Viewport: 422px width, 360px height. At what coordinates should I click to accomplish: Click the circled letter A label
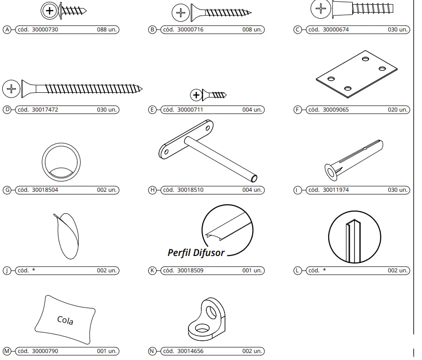tap(7, 30)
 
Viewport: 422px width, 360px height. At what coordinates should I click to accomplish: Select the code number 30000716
tap(190, 30)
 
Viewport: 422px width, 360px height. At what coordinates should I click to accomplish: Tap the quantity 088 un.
tap(107, 30)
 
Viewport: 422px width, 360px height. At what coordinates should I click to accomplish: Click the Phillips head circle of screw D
tap(11, 89)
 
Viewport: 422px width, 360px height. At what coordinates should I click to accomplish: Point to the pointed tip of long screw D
tap(142, 89)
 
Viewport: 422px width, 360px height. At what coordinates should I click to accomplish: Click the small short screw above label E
tap(208, 95)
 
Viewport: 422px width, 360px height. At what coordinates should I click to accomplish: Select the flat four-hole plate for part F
tap(357, 74)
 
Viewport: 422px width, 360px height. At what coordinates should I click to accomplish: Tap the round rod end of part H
tap(254, 178)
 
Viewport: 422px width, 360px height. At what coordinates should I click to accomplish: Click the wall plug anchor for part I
tap(354, 160)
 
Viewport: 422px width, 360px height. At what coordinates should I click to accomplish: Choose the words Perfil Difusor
tap(196, 253)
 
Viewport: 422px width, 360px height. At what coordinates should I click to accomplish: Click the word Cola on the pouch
tap(65, 320)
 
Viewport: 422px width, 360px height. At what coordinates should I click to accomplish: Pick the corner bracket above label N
tap(207, 319)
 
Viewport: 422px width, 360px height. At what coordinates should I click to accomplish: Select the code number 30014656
tap(190, 351)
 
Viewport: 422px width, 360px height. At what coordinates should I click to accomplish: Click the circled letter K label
tap(152, 270)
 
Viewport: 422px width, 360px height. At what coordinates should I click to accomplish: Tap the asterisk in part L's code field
tap(324, 270)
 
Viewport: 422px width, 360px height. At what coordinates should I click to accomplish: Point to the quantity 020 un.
tap(398, 110)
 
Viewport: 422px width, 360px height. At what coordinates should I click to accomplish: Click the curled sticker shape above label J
tap(66, 236)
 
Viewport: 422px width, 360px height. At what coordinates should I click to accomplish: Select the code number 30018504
tap(45, 190)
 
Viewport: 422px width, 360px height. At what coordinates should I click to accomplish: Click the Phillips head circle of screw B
tap(181, 13)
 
